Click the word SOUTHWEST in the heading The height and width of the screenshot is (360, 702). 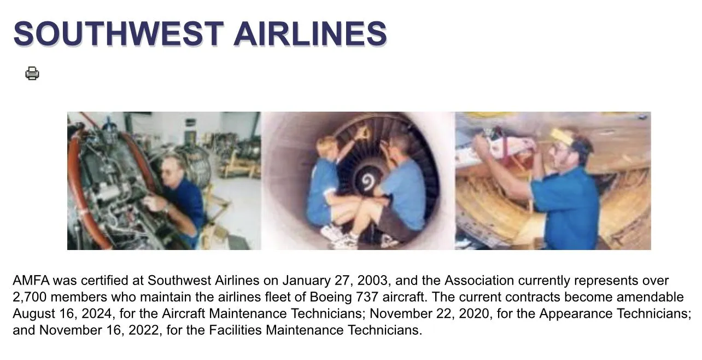[x=119, y=33]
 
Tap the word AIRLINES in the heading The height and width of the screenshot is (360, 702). [x=310, y=33]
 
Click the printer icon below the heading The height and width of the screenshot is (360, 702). [x=32, y=73]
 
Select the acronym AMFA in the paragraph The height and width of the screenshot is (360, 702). [x=31, y=280]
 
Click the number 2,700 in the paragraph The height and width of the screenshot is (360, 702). [x=30, y=297]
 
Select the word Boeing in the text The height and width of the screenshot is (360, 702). [x=331, y=297]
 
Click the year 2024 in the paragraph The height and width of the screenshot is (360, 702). [x=97, y=313]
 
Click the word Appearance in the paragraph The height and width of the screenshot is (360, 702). [x=576, y=314]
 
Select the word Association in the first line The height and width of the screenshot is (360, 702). [x=479, y=280]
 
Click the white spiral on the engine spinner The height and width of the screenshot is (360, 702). [x=367, y=183]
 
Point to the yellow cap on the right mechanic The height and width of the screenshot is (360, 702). [x=563, y=136]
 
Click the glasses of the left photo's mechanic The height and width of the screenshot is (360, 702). [x=168, y=171]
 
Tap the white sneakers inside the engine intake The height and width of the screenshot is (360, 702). [x=338, y=236]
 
